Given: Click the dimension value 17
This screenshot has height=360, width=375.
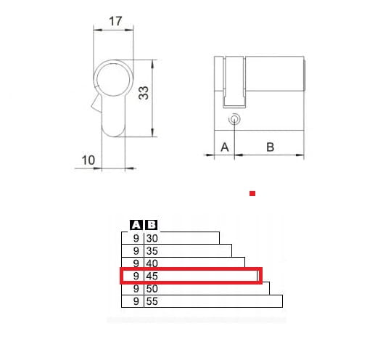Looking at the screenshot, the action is click(x=115, y=21).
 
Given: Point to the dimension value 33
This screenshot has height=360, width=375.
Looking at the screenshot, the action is click(x=144, y=93).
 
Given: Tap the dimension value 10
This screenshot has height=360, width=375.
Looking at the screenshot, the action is click(x=88, y=160).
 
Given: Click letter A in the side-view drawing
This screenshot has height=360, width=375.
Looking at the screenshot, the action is click(x=225, y=147).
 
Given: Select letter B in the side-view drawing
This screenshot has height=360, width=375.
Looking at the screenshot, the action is click(x=270, y=147).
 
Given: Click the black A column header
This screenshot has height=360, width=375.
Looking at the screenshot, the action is click(x=136, y=225).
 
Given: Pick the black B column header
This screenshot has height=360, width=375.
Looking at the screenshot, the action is click(x=152, y=225).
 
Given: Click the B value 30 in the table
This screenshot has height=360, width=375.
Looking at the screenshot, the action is click(x=152, y=239).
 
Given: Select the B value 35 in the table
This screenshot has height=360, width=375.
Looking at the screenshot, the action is click(x=152, y=251).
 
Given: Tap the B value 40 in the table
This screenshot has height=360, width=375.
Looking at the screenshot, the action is click(x=152, y=263).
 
